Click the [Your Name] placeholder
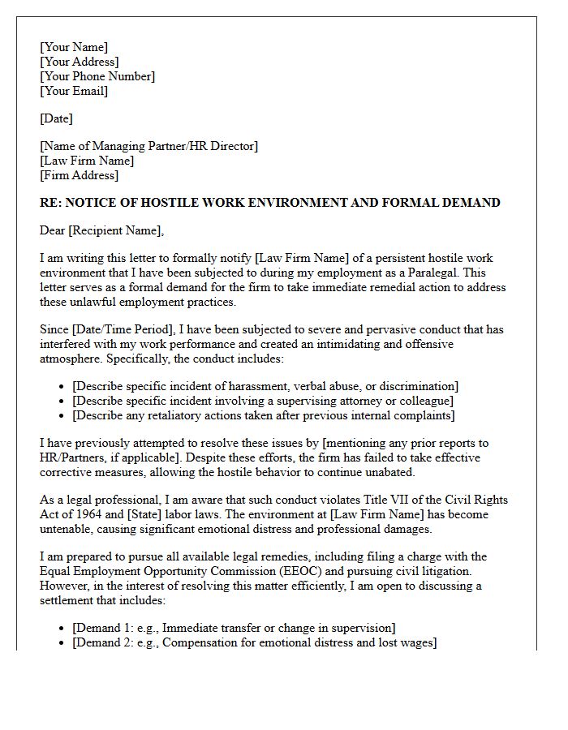coord(74,47)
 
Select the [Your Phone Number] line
coord(97,76)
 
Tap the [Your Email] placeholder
coord(74,91)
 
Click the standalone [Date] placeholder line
coord(56,118)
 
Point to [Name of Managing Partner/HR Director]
coord(148,146)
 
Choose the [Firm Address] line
coord(79,175)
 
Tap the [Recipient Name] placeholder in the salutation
coord(115,230)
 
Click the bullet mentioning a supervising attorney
coord(263,401)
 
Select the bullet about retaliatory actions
coord(263,415)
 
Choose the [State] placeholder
coord(142,514)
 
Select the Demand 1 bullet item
coord(234,628)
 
